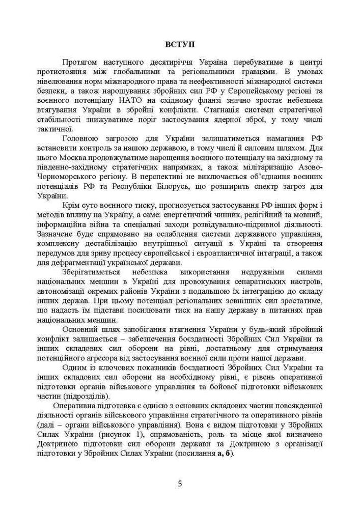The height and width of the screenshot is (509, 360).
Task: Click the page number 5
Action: coord(180,483)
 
